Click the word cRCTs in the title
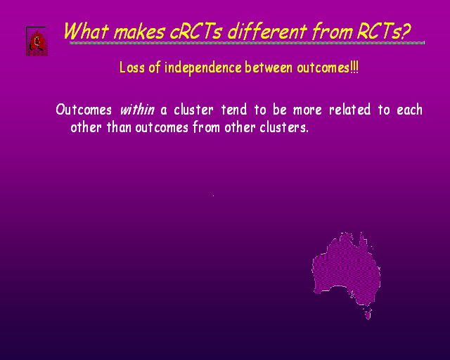[x=195, y=32]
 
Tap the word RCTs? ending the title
[x=384, y=32]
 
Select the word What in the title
[x=86, y=31]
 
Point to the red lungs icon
[x=37, y=41]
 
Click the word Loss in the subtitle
[x=131, y=67]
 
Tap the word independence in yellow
[x=203, y=68]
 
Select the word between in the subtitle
[x=269, y=67]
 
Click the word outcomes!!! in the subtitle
[x=328, y=67]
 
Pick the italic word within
[x=137, y=110]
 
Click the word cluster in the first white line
[x=193, y=110]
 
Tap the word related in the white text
[x=349, y=110]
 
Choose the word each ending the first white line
[x=409, y=110]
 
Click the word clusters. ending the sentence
[x=284, y=127]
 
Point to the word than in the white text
[x=119, y=127]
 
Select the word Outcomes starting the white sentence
[x=84, y=110]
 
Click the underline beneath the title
[x=247, y=43]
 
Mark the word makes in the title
[x=139, y=32]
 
